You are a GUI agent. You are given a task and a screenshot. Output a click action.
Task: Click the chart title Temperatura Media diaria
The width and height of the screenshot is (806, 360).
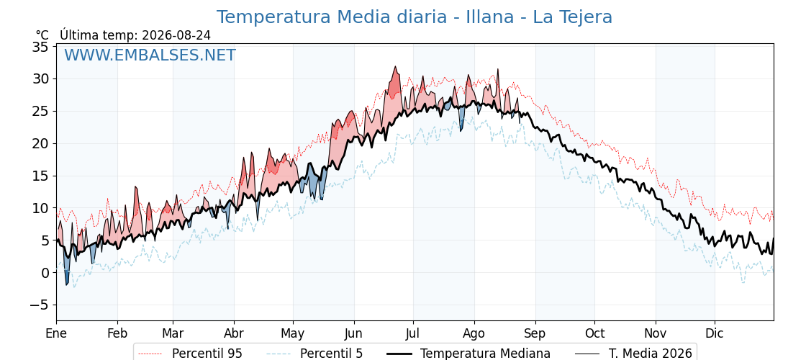(332, 17)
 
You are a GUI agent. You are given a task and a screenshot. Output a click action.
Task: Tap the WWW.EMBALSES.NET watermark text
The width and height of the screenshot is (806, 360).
(150, 55)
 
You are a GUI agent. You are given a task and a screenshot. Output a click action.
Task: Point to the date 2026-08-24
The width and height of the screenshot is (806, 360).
(176, 35)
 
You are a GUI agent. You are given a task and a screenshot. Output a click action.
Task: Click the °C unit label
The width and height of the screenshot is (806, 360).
(42, 35)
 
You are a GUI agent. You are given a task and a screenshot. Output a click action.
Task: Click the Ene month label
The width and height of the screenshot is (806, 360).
(57, 333)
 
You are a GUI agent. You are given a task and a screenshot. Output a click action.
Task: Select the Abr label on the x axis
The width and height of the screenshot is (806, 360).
(234, 333)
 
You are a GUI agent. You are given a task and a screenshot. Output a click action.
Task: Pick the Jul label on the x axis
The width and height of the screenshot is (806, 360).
(413, 333)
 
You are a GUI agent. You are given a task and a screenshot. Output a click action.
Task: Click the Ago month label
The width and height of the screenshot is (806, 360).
(474, 333)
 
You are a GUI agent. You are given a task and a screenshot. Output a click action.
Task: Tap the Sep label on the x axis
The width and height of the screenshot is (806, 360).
(535, 333)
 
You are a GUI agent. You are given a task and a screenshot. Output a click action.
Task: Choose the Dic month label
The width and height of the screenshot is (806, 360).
(715, 333)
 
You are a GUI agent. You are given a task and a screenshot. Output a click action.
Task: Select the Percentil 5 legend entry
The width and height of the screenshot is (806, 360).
(315, 354)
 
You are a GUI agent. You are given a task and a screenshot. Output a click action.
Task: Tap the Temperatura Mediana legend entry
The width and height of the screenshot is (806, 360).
(467, 354)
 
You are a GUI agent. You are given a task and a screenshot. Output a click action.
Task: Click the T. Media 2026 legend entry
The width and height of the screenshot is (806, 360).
(633, 354)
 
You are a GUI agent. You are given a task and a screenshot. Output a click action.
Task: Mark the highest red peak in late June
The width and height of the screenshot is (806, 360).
(395, 66)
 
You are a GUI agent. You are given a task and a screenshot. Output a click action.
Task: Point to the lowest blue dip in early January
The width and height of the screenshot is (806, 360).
(66, 284)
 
